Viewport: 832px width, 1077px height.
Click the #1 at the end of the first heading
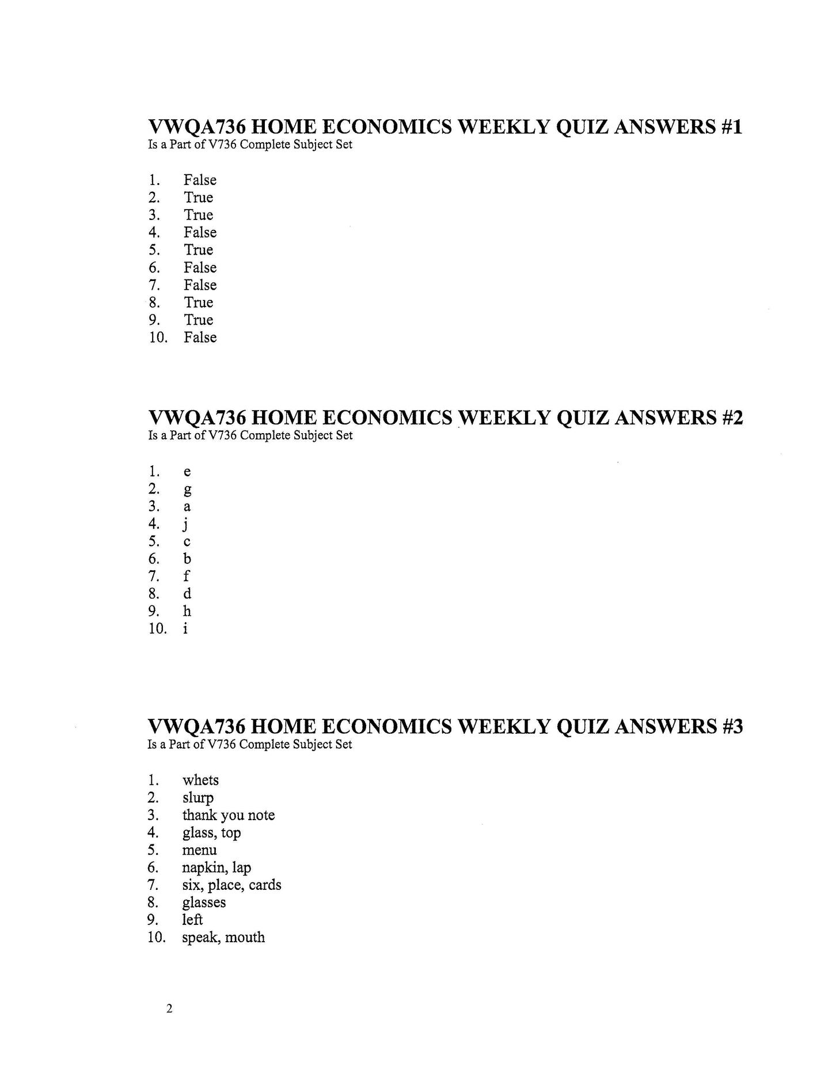pos(731,127)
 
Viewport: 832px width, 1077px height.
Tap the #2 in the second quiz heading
pos(731,418)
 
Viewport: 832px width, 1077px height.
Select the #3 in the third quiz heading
pos(731,727)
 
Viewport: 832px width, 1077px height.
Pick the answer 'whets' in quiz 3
pos(200,780)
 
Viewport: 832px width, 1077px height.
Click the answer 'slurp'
pos(197,798)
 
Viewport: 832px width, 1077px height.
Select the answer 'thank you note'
pos(228,815)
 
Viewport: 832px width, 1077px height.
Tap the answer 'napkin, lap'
pos(216,868)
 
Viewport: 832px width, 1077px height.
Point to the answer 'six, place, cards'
pos(231,885)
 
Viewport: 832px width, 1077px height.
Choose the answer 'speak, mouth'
pos(223,938)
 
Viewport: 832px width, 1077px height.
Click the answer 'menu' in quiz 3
pos(199,850)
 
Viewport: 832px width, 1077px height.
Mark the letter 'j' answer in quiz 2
pos(186,525)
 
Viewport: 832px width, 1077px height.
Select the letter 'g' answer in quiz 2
pos(187,490)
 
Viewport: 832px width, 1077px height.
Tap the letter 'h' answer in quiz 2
pos(187,611)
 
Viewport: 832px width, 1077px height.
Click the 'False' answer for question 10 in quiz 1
pos(200,337)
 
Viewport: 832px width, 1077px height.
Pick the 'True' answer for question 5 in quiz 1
pos(198,250)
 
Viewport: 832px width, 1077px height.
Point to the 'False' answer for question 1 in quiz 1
pos(200,180)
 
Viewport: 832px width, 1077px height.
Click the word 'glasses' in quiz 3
pos(204,902)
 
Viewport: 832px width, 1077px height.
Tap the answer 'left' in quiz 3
pos(192,920)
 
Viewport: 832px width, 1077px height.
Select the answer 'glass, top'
pos(211,833)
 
